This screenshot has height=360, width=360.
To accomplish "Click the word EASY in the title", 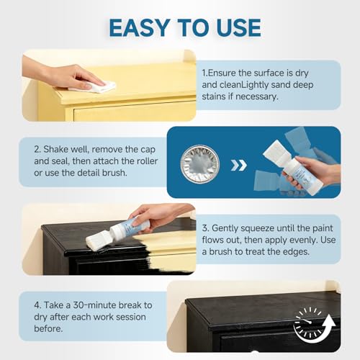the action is pyautogui.click(x=139, y=28).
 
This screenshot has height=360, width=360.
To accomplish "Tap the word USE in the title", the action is pyautogui.click(x=239, y=28).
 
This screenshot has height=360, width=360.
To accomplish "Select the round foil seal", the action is pyautogui.click(x=199, y=164).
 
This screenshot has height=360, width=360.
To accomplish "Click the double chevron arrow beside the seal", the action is pyautogui.click(x=238, y=166).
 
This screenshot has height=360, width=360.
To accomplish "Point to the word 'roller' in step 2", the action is pyautogui.click(x=147, y=161).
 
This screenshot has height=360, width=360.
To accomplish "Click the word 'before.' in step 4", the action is pyautogui.click(x=48, y=329).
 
